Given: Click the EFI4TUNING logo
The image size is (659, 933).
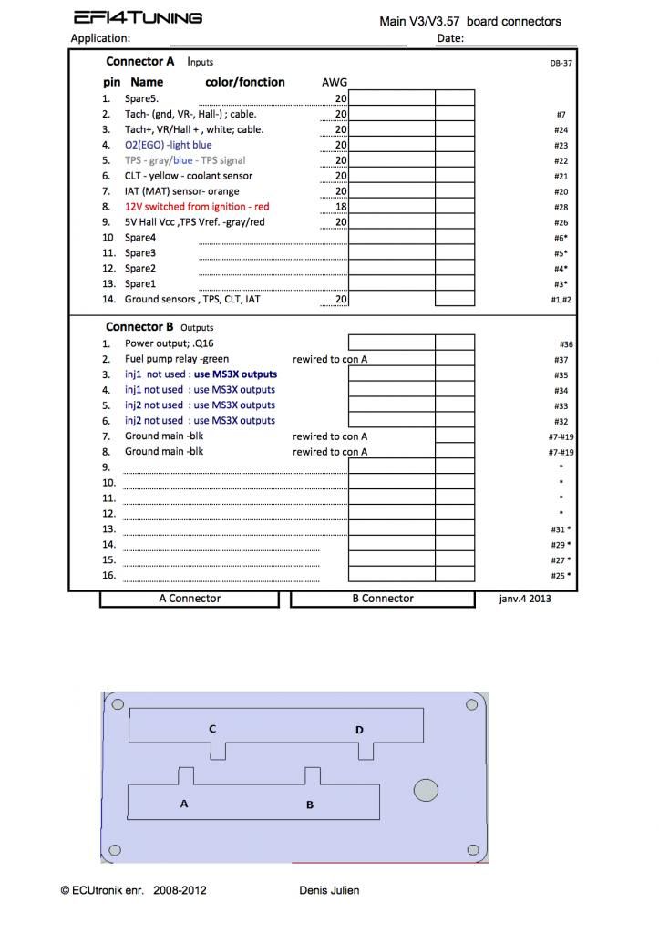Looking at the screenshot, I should tap(138, 18).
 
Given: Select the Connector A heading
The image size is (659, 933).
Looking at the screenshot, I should tap(140, 62).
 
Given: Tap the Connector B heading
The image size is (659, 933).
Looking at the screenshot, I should tap(139, 327).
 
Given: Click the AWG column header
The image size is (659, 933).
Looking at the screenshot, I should tap(335, 82).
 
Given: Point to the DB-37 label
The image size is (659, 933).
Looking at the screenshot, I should tap(561, 63).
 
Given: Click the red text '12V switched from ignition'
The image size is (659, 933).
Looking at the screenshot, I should tap(197, 207).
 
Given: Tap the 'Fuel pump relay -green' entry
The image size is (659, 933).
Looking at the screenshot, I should tap(177, 359).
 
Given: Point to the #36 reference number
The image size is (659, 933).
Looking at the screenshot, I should tap(565, 344).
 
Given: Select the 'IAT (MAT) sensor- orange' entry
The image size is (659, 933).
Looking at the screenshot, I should tap(182, 191).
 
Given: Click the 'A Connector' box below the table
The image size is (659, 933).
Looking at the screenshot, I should tap(189, 599).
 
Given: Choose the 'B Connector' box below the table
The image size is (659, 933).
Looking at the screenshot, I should tap(383, 599).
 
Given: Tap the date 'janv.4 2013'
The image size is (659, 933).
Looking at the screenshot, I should tap(525, 599).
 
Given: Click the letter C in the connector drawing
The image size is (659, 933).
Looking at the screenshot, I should tap(212, 729).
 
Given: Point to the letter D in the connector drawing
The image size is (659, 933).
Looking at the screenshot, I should tap(359, 730).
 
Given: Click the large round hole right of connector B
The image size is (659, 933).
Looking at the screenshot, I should tap(426, 791).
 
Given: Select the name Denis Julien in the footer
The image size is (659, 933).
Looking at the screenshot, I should tap(329, 890).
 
